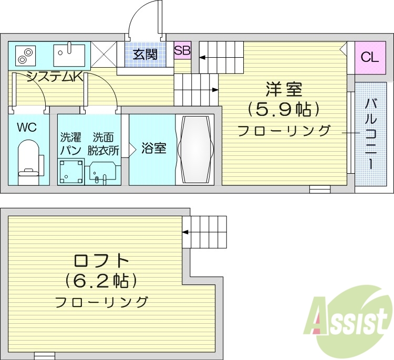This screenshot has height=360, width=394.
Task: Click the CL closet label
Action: (369, 57)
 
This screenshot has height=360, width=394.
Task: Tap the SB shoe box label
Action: (182, 51)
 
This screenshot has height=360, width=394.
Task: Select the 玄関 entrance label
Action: (145, 54)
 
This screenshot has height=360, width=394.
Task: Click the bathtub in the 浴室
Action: (195, 149)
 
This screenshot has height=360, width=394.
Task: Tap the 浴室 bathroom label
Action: (154, 149)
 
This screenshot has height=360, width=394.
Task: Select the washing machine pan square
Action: (71, 171)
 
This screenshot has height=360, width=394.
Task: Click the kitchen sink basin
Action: (69, 52)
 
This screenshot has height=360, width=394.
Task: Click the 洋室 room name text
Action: (284, 89)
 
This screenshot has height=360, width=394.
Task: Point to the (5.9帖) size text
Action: (284, 110)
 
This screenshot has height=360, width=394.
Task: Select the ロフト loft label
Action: (101, 260)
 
